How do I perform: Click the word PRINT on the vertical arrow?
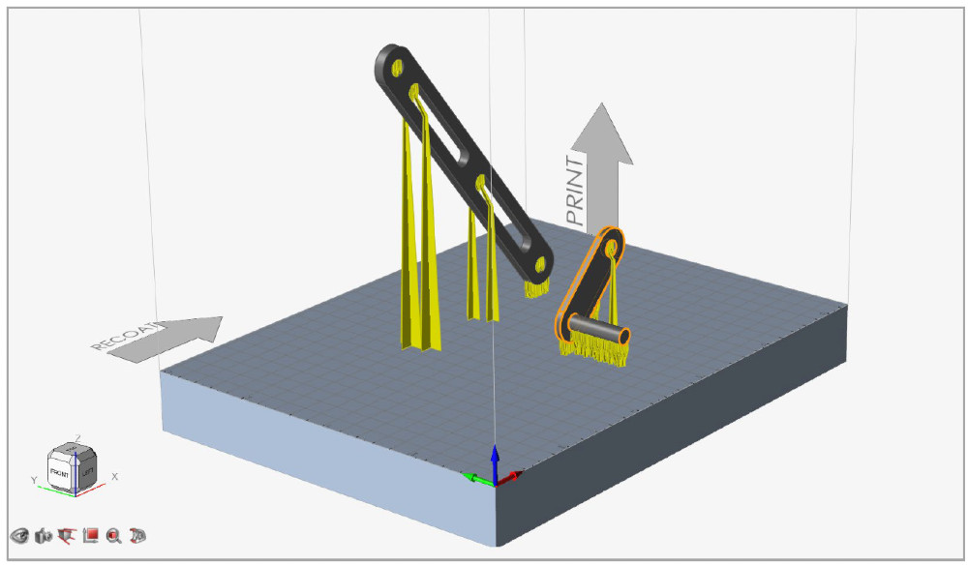(577, 193)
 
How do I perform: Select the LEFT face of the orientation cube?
(86, 469)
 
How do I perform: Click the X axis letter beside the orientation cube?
(115, 476)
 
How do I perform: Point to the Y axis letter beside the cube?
(34, 479)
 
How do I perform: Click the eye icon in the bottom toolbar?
(19, 535)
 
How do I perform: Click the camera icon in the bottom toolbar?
(43, 535)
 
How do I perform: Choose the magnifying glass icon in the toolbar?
(114, 535)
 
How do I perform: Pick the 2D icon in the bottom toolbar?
(137, 535)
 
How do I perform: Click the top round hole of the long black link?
(396, 65)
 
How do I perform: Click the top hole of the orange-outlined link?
(611, 248)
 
